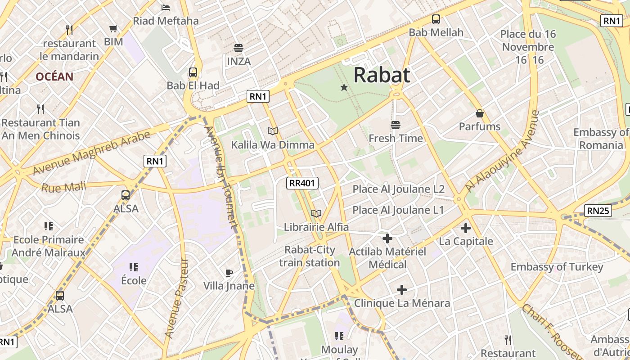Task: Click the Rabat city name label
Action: tap(382, 75)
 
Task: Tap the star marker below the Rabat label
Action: tap(344, 87)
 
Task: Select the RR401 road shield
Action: tap(302, 183)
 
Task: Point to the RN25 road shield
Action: tap(598, 210)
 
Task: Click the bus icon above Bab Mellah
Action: tap(436, 19)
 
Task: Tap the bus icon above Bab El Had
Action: tap(193, 72)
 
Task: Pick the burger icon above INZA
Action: tap(238, 48)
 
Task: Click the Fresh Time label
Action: tap(396, 138)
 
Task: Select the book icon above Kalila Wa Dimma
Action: tap(272, 131)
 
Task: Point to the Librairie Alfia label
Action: tap(316, 227)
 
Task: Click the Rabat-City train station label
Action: tap(309, 256)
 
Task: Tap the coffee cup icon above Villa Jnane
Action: tap(229, 273)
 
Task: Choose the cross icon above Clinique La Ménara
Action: tap(402, 290)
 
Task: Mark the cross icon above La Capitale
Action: tap(466, 228)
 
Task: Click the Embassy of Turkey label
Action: tap(557, 267)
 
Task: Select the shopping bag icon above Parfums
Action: tap(480, 113)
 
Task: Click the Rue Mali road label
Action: tap(63, 186)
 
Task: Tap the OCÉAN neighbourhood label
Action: tap(54, 76)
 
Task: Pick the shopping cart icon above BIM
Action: tap(113, 29)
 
